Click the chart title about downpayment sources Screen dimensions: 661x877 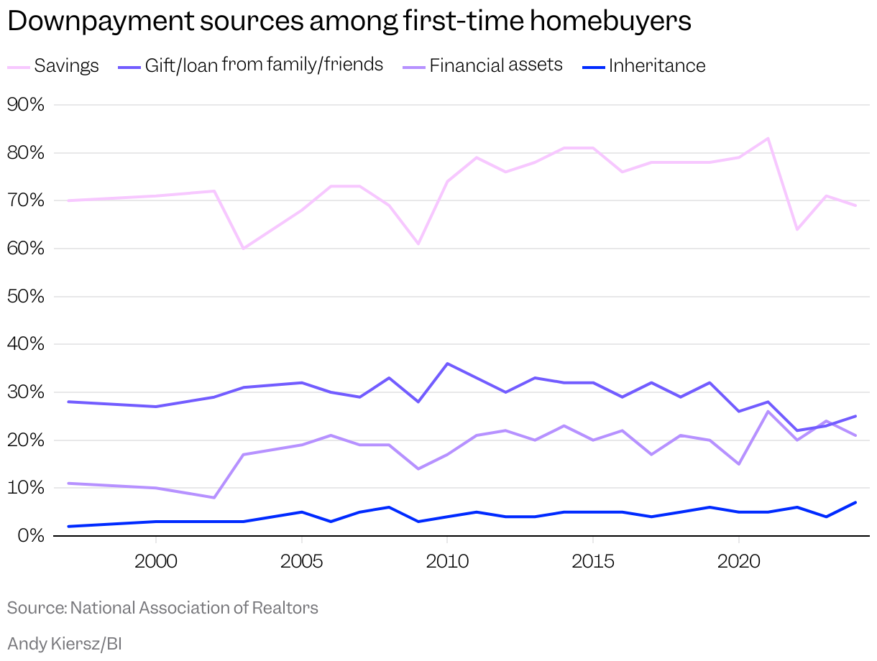coord(349,22)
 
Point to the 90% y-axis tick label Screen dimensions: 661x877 coord(26,105)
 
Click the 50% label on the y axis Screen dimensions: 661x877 coord(26,297)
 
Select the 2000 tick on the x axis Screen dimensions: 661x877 coord(156,561)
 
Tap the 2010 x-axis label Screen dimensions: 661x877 coord(447,561)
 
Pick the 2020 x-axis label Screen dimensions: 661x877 coord(738,561)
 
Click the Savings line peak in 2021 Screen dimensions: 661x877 coord(768,139)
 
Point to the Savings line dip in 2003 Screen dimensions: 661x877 coord(243,248)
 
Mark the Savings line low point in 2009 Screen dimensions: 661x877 coord(418,244)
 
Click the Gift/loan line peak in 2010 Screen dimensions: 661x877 coord(447,364)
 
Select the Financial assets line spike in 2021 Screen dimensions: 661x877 coord(768,412)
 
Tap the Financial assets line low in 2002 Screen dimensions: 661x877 coord(214,497)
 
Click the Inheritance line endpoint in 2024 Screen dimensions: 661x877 coord(855,502)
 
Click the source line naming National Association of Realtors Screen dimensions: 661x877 coord(162,608)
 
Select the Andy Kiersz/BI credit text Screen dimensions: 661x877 coord(65,644)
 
